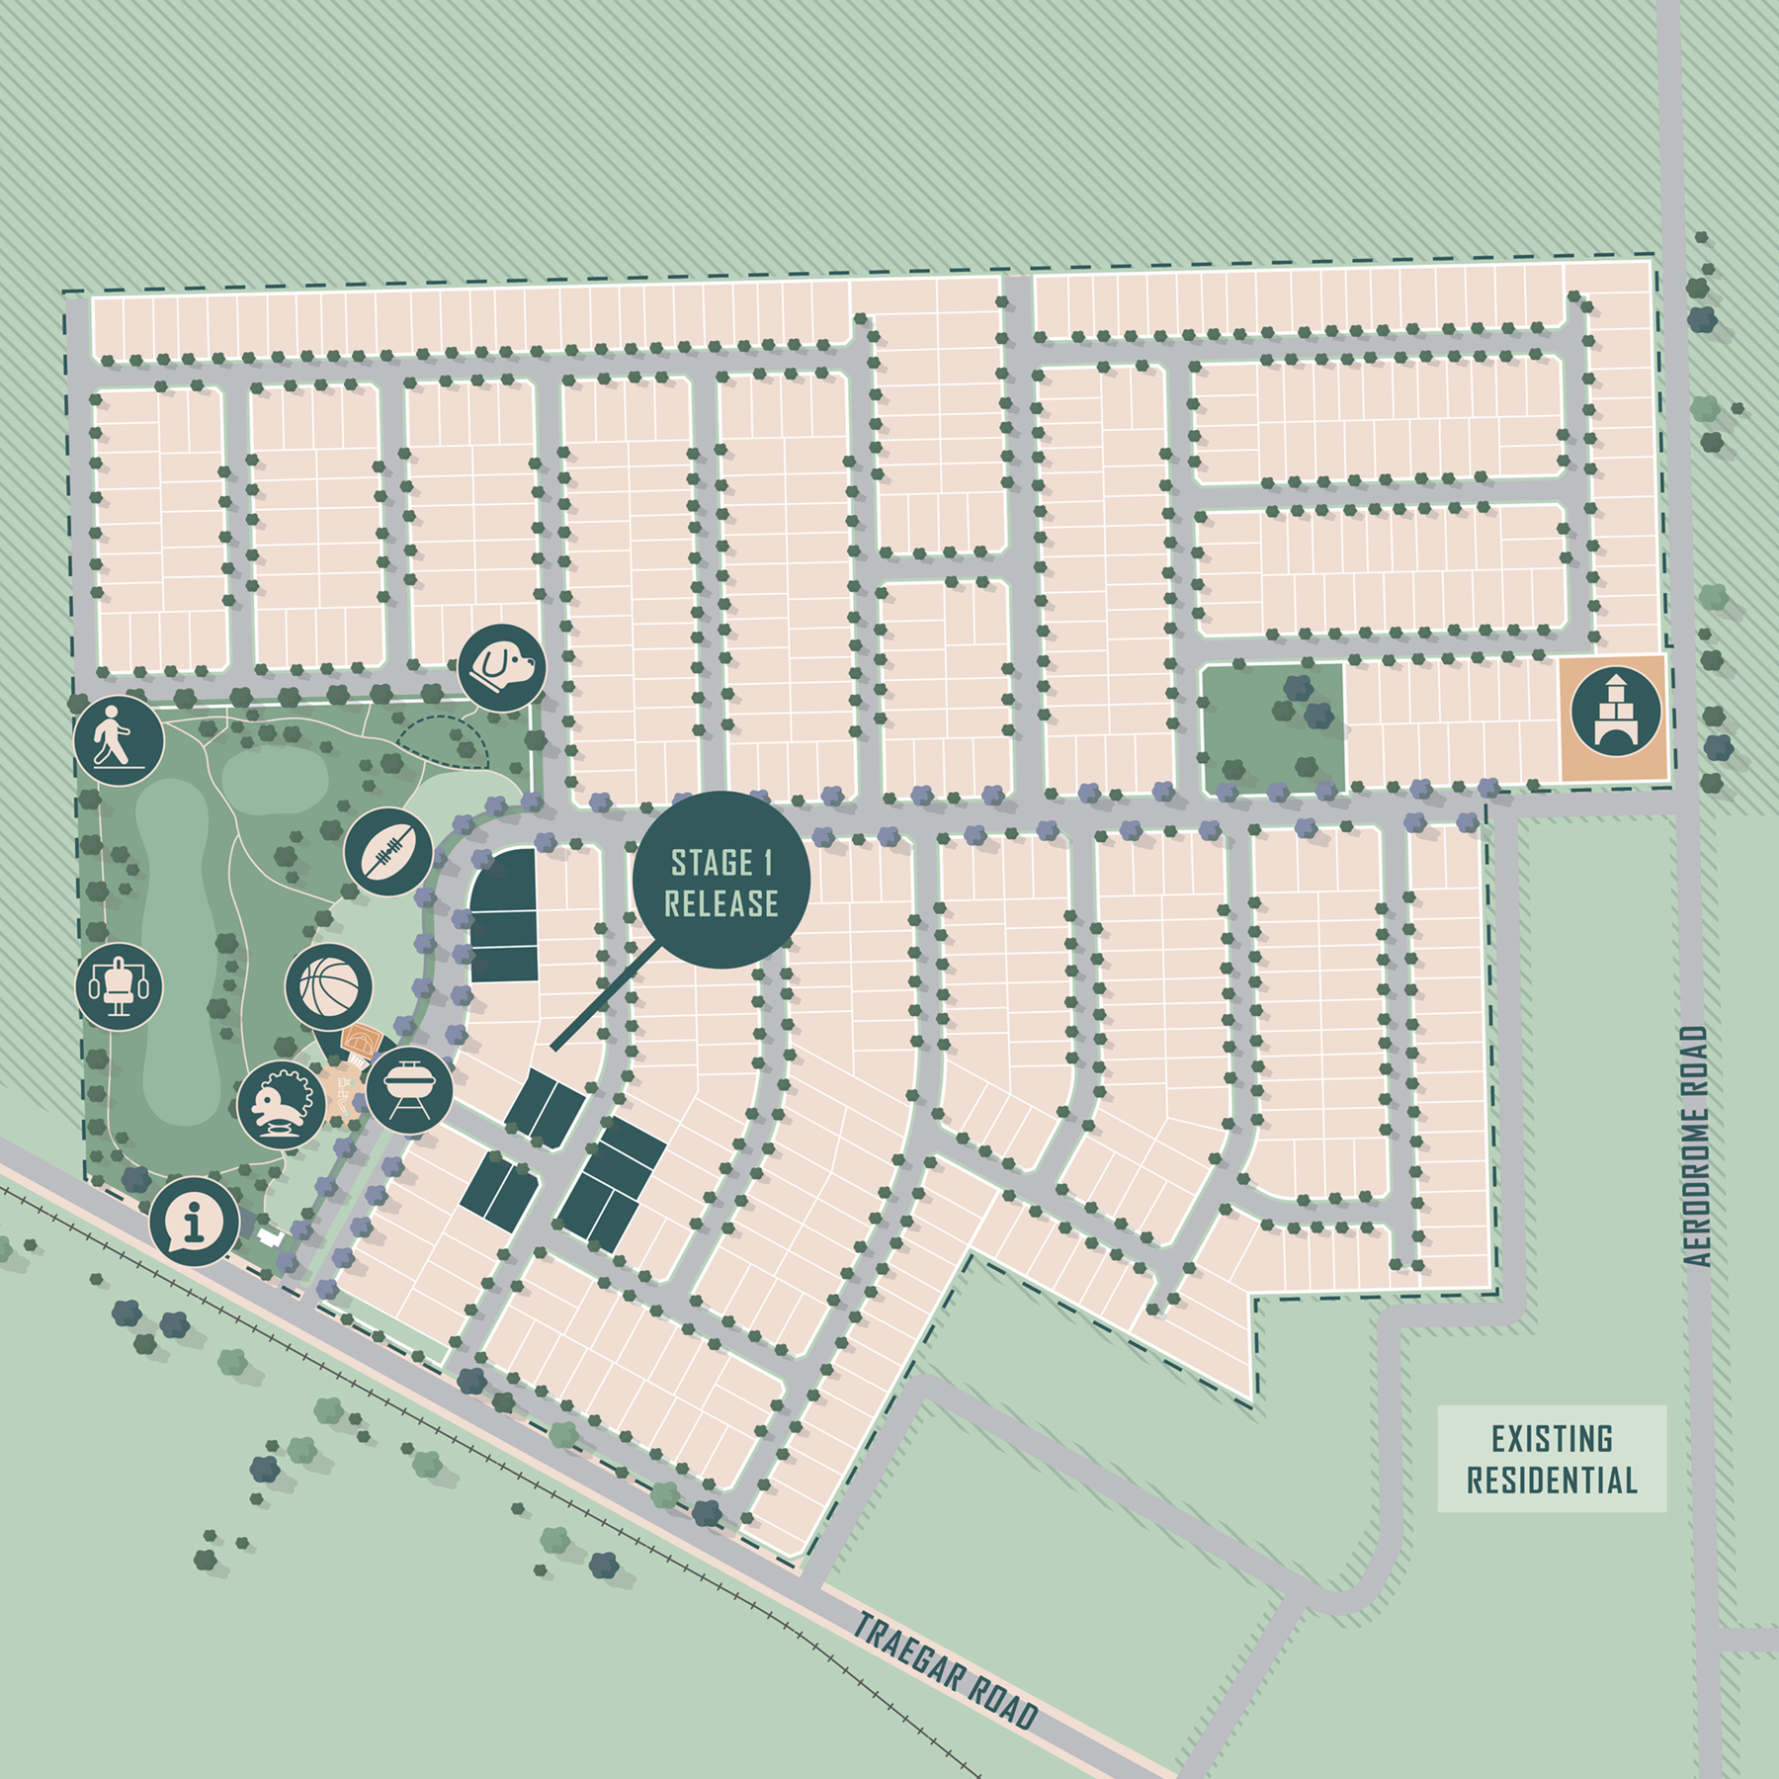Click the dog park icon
click(502, 667)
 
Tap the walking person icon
click(119, 740)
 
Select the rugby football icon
click(388, 851)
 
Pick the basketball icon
click(329, 987)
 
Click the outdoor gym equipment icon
click(120, 985)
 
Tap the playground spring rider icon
click(282, 1105)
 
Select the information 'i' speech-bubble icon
click(195, 1222)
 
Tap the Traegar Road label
click(944, 1669)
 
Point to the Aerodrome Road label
click(1696, 1146)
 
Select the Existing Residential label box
click(1552, 1460)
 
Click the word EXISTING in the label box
click(1552, 1439)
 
